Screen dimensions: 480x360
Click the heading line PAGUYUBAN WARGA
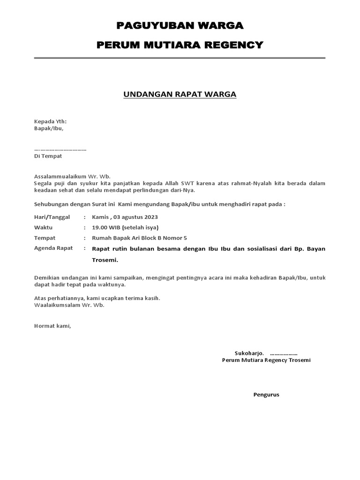click(x=180, y=25)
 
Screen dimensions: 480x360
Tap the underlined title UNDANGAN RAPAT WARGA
click(x=180, y=95)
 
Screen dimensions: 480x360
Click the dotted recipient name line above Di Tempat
click(x=60, y=149)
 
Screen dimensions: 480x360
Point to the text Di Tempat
click(x=48, y=156)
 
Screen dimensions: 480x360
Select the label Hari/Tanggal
click(x=52, y=217)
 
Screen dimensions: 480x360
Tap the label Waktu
click(x=44, y=227)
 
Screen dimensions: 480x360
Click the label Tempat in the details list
click(x=45, y=238)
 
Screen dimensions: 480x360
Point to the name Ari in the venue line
click(x=139, y=238)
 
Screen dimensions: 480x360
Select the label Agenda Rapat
click(x=53, y=248)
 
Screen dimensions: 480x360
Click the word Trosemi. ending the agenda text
click(x=105, y=260)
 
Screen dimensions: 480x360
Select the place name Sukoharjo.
click(x=249, y=353)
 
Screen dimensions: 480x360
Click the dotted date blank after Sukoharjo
click(x=284, y=353)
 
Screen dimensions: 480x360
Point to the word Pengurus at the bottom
click(x=266, y=394)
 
